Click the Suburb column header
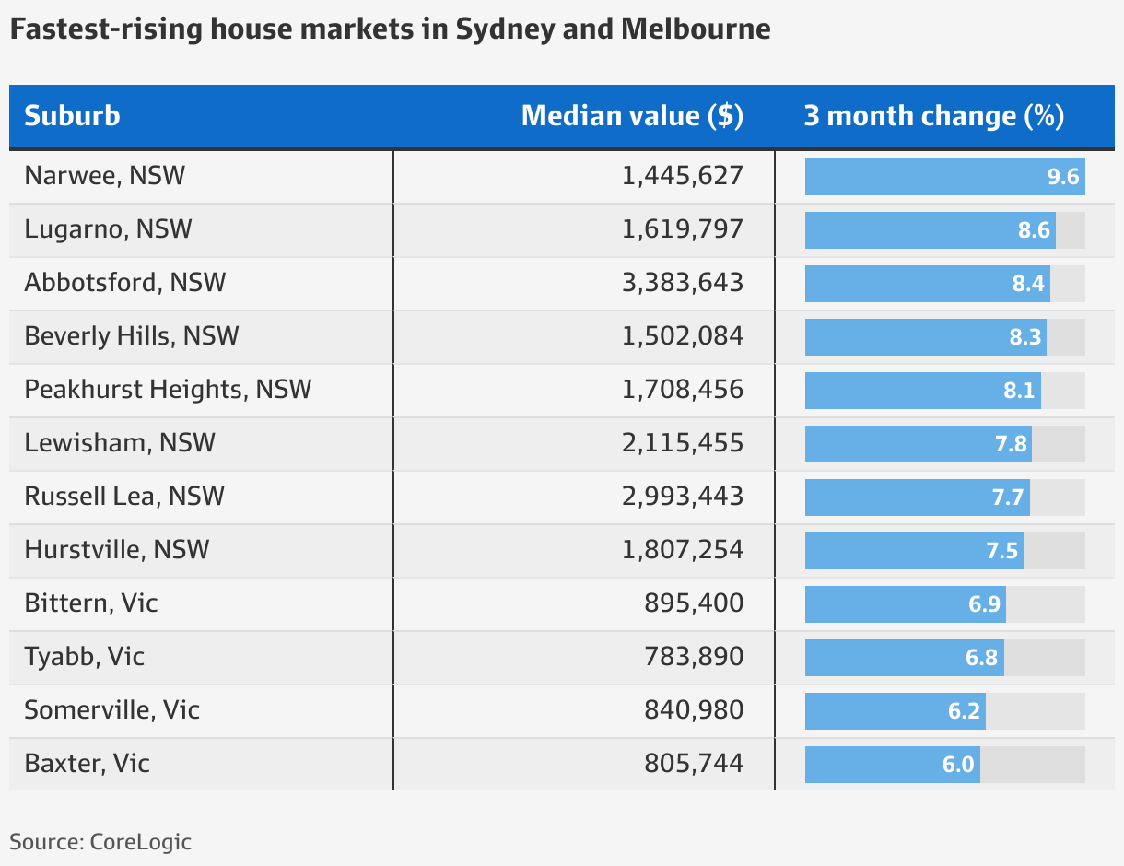tap(72, 116)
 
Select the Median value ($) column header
tap(632, 116)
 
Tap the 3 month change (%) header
tap(933, 116)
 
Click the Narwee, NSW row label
tap(104, 176)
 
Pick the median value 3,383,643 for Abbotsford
tap(682, 283)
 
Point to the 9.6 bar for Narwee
tap(944, 177)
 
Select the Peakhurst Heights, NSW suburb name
tap(168, 390)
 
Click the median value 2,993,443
tap(682, 497)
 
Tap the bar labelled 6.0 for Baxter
tap(892, 765)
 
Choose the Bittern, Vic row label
tap(91, 603)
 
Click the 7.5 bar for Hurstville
tap(914, 551)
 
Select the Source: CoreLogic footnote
tap(100, 841)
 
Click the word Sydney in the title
tap(506, 29)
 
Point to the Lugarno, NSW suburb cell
tap(108, 229)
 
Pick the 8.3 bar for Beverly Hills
tap(925, 337)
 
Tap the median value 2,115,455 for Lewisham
tap(682, 443)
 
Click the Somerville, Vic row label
tap(111, 710)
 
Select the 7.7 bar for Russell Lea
tap(917, 497)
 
